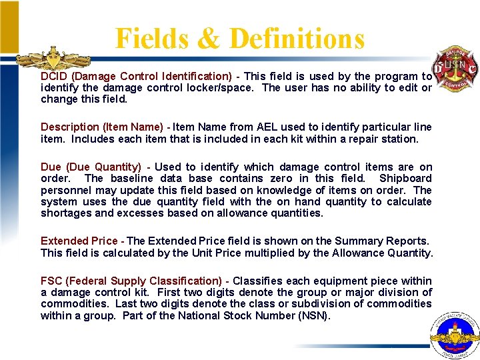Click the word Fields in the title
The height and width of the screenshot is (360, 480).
click(x=151, y=38)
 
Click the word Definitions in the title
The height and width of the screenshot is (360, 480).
click(x=297, y=38)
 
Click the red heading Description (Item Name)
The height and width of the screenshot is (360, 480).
click(x=102, y=127)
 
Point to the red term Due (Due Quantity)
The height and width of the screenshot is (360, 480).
click(x=91, y=167)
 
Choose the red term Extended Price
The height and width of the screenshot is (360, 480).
click(x=79, y=241)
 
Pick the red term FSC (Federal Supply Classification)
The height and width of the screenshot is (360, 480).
click(x=131, y=281)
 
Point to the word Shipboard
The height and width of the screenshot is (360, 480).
click(x=405, y=179)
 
